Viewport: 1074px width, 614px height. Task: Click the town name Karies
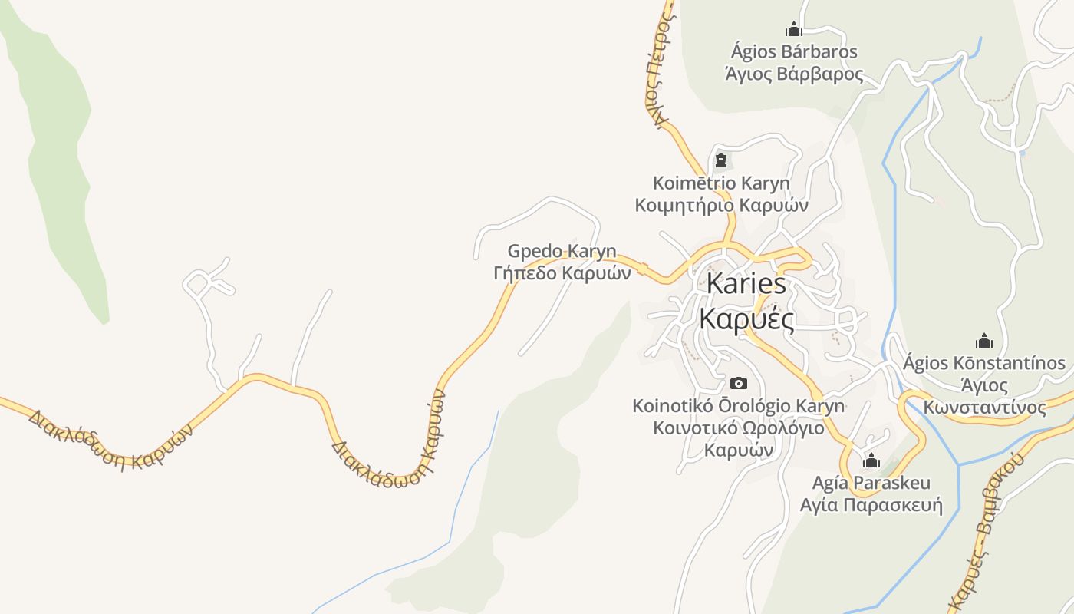pos(746,284)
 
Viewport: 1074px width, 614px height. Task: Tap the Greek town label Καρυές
pos(746,319)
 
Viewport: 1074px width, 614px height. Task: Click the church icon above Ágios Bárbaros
pos(793,30)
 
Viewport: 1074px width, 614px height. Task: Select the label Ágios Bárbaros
pos(793,52)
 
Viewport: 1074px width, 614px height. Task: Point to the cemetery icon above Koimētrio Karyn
pos(720,160)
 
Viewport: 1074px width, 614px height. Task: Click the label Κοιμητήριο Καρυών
pos(721,206)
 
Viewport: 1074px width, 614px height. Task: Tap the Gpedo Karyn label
pos(562,251)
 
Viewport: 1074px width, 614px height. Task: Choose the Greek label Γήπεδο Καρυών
pos(562,272)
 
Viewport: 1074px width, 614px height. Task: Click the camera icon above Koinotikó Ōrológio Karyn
pos(738,383)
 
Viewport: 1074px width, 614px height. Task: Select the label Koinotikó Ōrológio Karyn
pos(738,405)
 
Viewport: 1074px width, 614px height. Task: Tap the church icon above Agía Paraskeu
pos(871,460)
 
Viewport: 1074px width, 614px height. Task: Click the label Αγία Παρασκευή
pos(871,505)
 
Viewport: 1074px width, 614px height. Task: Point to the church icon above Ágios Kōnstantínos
pos(983,341)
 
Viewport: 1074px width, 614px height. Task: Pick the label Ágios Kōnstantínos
pos(983,363)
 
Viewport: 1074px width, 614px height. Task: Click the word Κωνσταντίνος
pos(983,407)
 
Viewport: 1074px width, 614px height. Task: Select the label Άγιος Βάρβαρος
pos(793,74)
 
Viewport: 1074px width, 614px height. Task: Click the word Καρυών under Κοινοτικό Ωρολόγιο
pos(738,450)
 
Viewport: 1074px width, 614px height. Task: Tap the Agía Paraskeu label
pos(871,483)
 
